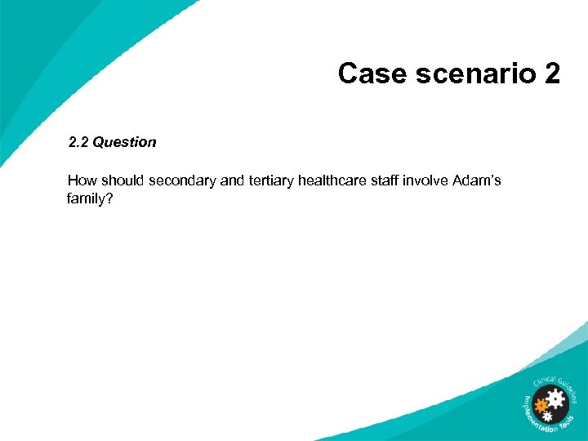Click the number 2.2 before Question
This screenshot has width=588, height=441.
[78, 142]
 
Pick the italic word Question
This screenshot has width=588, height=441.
[124, 142]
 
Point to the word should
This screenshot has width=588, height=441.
[122, 180]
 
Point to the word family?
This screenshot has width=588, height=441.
[89, 198]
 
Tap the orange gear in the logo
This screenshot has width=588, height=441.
[541, 404]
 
